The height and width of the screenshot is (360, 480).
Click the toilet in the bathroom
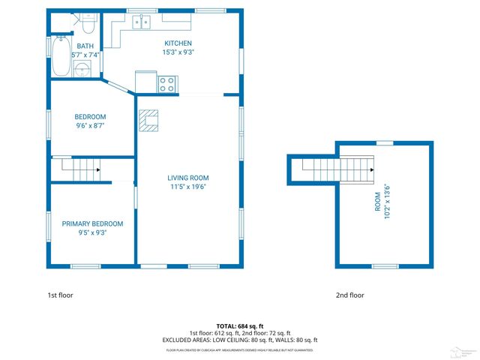[88, 26]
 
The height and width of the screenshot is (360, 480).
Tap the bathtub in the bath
[61, 56]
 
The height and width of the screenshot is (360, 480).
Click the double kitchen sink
[142, 22]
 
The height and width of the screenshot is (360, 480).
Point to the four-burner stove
[167, 84]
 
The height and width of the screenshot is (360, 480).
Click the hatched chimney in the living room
[148, 120]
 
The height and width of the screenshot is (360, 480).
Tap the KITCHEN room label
[178, 43]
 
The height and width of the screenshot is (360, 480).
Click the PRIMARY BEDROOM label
[92, 223]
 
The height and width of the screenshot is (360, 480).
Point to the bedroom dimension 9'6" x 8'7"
[90, 127]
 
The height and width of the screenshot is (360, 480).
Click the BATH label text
[85, 46]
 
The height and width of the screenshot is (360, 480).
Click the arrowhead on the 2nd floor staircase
[370, 170]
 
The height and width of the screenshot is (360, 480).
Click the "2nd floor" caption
[349, 295]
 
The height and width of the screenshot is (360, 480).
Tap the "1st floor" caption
[61, 295]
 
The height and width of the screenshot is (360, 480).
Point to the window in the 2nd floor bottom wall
[385, 266]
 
